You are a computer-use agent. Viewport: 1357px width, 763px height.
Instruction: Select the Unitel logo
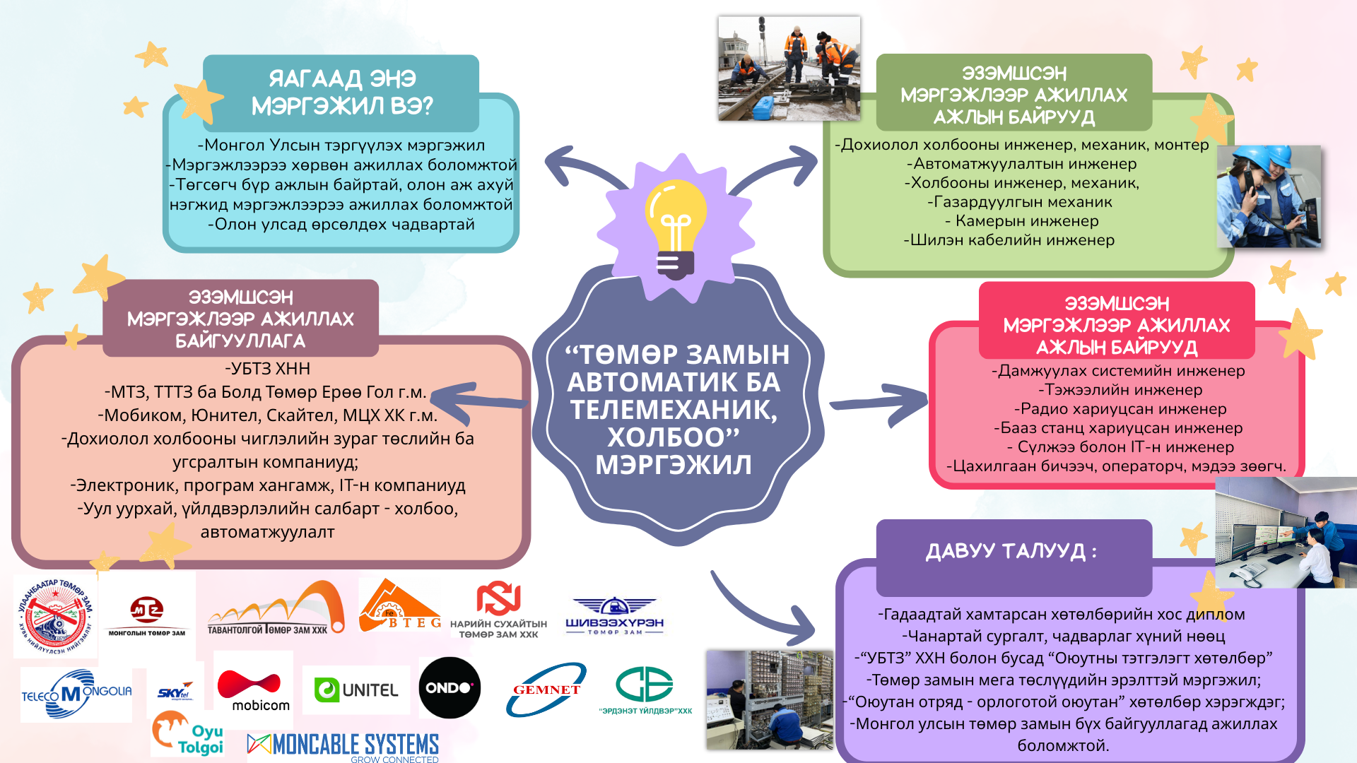click(x=356, y=690)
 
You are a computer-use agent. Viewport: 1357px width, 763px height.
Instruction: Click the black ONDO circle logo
click(x=450, y=687)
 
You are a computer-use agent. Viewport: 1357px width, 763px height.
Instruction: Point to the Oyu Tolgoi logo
click(x=188, y=735)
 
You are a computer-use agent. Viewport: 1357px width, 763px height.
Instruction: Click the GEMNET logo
click(x=546, y=690)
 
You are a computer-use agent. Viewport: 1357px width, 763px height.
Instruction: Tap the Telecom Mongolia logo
click(x=76, y=694)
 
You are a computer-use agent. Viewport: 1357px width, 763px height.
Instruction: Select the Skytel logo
click(x=175, y=692)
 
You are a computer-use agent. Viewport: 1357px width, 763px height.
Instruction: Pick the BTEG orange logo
click(x=400, y=607)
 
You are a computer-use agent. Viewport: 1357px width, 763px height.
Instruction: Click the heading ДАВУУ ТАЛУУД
click(x=1012, y=552)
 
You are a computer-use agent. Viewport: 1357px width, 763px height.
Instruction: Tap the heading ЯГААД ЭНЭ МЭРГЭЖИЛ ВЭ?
click(x=342, y=93)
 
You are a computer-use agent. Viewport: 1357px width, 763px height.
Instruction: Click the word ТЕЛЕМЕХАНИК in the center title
click(x=674, y=410)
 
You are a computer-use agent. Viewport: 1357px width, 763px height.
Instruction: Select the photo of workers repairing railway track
click(x=789, y=69)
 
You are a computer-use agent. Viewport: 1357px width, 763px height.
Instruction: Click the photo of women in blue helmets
click(x=1269, y=196)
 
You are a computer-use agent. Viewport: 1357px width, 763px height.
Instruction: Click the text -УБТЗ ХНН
click(x=268, y=369)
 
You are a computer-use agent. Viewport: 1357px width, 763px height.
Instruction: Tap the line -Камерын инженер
click(x=1022, y=221)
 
